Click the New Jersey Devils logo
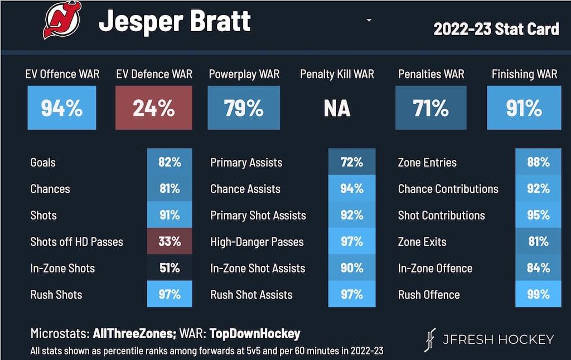point(62,21)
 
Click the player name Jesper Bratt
point(175,21)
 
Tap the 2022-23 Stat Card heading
point(496,29)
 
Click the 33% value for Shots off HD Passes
point(170,242)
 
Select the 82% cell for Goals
point(170,162)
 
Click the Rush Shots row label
point(56,295)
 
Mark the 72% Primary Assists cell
point(351,162)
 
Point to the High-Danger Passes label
point(257,242)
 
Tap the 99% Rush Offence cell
point(538,295)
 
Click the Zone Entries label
point(427,163)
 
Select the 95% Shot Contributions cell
point(538,215)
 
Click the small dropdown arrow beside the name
point(369,21)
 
